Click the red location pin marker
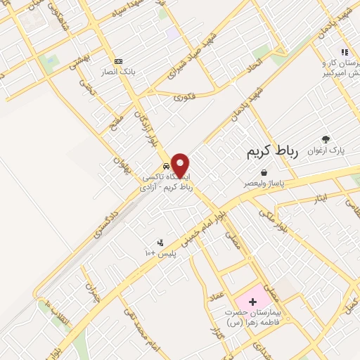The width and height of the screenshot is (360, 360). click(180, 164)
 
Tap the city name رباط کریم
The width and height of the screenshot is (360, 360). click(273, 151)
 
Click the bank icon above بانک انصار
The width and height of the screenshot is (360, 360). click(118, 61)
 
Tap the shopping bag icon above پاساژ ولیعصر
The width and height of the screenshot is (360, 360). click(264, 172)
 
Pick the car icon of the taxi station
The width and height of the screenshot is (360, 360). click(166, 167)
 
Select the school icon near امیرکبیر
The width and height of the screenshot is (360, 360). click(344, 51)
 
